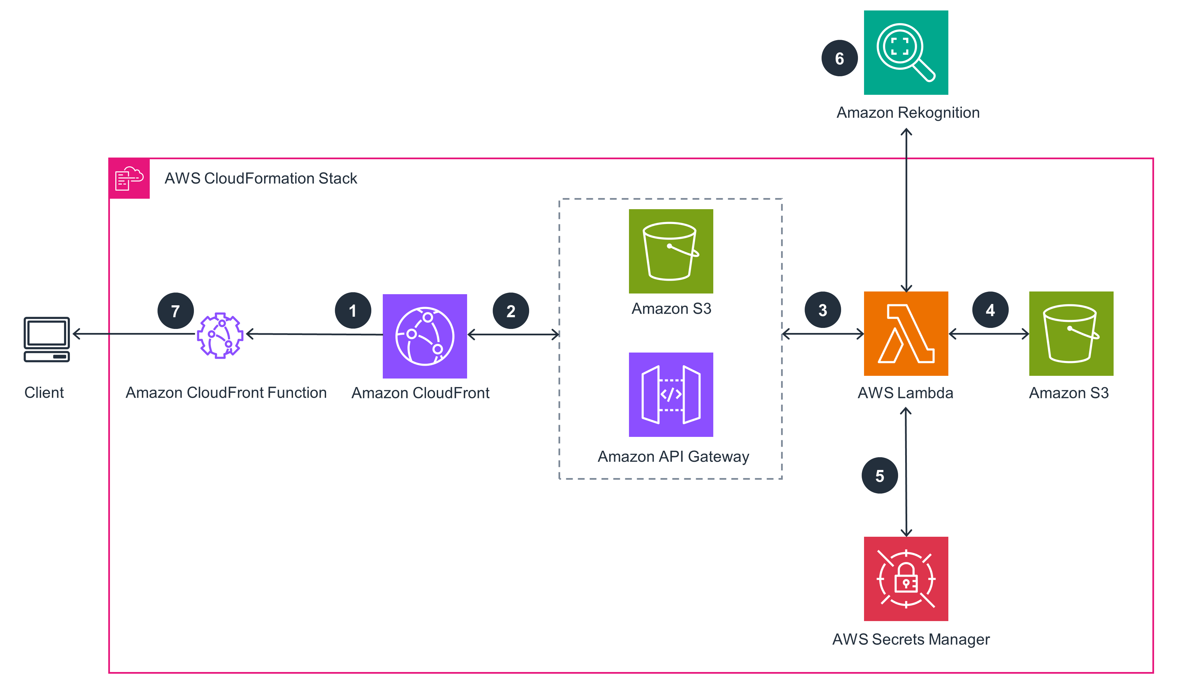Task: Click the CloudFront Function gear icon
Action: pos(220,335)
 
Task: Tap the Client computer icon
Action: pos(47,339)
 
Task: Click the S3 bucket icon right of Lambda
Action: pos(1070,333)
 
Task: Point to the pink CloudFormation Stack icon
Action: pos(129,178)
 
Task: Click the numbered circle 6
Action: pos(839,58)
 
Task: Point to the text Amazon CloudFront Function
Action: pos(226,392)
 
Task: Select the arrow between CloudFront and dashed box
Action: pos(513,334)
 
